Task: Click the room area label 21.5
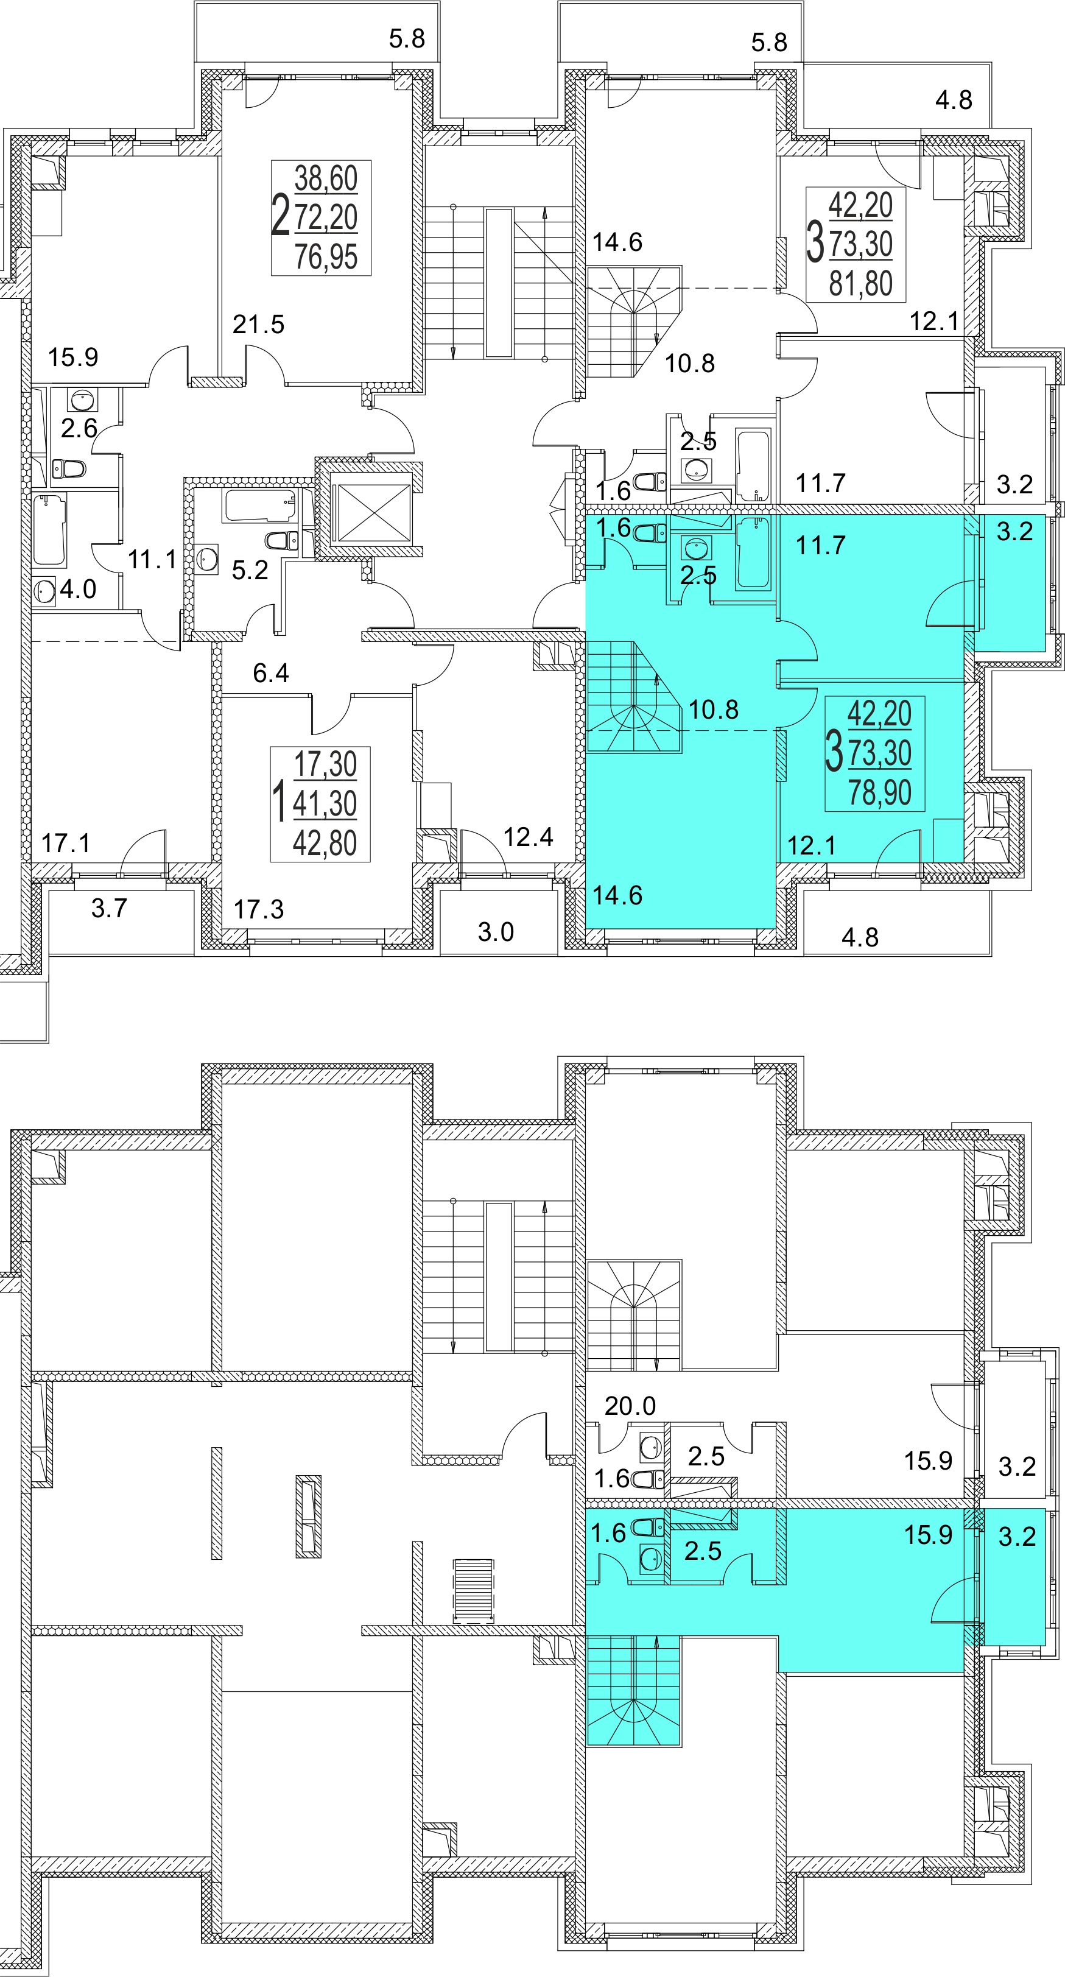click(x=259, y=325)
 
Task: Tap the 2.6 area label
click(x=79, y=428)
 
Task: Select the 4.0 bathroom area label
click(x=79, y=590)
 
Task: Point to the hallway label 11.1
click(x=152, y=560)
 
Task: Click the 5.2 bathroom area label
click(x=250, y=569)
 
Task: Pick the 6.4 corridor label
click(x=271, y=673)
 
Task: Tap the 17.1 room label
click(x=66, y=844)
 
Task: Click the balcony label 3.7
click(x=109, y=909)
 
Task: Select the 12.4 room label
click(x=529, y=837)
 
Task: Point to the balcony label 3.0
click(x=496, y=932)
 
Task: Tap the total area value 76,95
click(x=326, y=256)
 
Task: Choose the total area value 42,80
click(x=325, y=843)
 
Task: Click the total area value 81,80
click(x=861, y=283)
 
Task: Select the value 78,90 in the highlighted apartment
click(x=879, y=792)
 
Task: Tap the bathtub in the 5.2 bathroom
click(x=260, y=507)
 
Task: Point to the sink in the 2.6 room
click(x=82, y=400)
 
